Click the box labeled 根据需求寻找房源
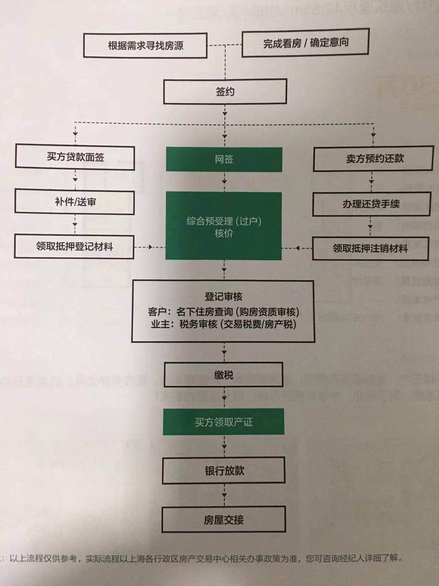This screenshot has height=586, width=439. (x=145, y=45)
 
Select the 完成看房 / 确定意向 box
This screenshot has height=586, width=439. (x=306, y=43)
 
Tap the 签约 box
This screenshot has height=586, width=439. (x=225, y=92)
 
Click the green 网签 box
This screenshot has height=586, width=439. (x=224, y=159)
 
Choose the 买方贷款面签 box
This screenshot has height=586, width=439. (x=75, y=157)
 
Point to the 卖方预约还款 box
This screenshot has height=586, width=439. (x=374, y=158)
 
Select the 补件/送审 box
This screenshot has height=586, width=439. (x=75, y=202)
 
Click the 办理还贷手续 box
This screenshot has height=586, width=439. (x=371, y=204)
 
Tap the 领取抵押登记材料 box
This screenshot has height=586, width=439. (x=74, y=246)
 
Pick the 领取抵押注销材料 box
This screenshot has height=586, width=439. (x=370, y=248)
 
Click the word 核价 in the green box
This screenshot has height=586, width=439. (x=224, y=233)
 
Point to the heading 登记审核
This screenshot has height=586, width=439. (x=224, y=296)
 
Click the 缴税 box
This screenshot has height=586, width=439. (x=224, y=375)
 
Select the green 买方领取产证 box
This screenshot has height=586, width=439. (x=224, y=422)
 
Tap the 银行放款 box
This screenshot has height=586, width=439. (x=224, y=470)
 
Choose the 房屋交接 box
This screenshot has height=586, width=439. (x=224, y=520)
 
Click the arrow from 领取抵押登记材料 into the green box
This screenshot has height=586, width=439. (x=150, y=247)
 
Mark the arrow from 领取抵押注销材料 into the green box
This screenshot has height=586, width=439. (x=297, y=248)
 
